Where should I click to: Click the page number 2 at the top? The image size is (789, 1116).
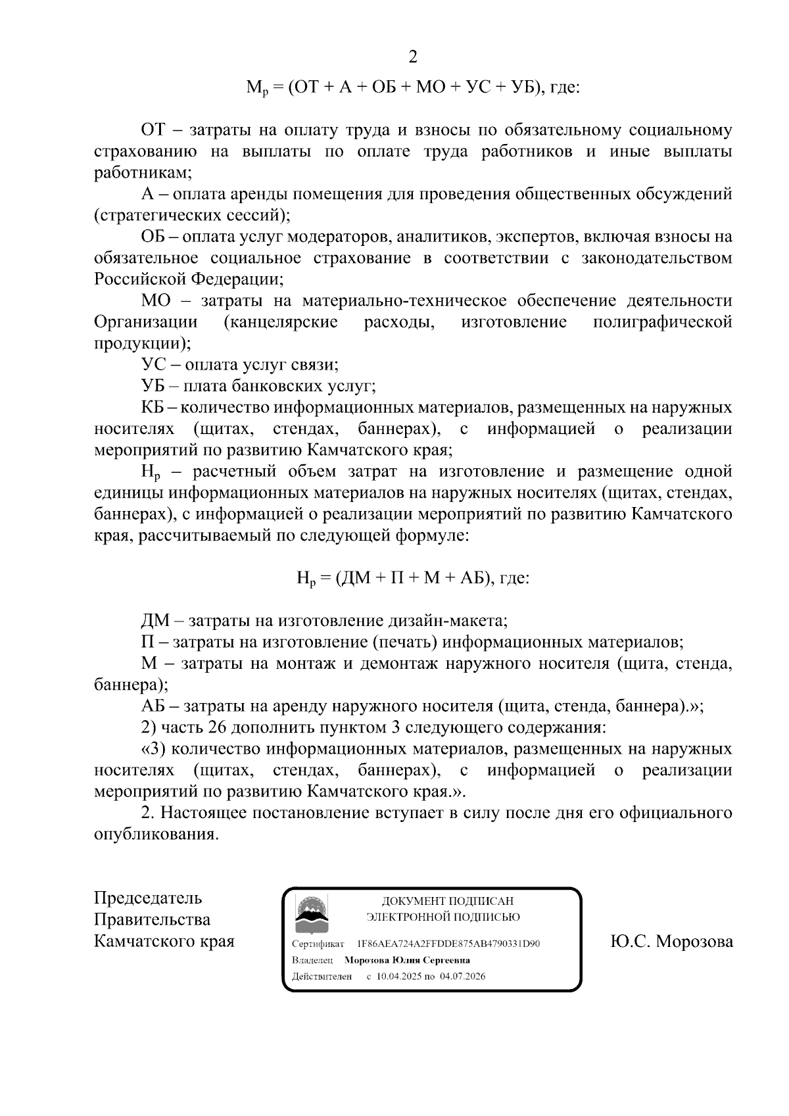tap(413, 57)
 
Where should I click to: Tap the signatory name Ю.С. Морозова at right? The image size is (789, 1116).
tap(671, 942)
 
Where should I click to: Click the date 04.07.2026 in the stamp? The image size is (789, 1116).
tap(463, 977)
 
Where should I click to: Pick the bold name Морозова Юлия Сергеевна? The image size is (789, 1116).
tap(407, 960)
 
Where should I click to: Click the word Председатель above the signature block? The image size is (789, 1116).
tap(148, 898)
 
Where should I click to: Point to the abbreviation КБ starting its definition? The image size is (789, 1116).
tap(155, 408)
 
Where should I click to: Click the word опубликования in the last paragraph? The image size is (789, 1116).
tap(155, 835)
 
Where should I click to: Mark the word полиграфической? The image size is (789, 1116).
tap(662, 322)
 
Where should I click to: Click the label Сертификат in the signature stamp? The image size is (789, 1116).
tap(318, 944)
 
